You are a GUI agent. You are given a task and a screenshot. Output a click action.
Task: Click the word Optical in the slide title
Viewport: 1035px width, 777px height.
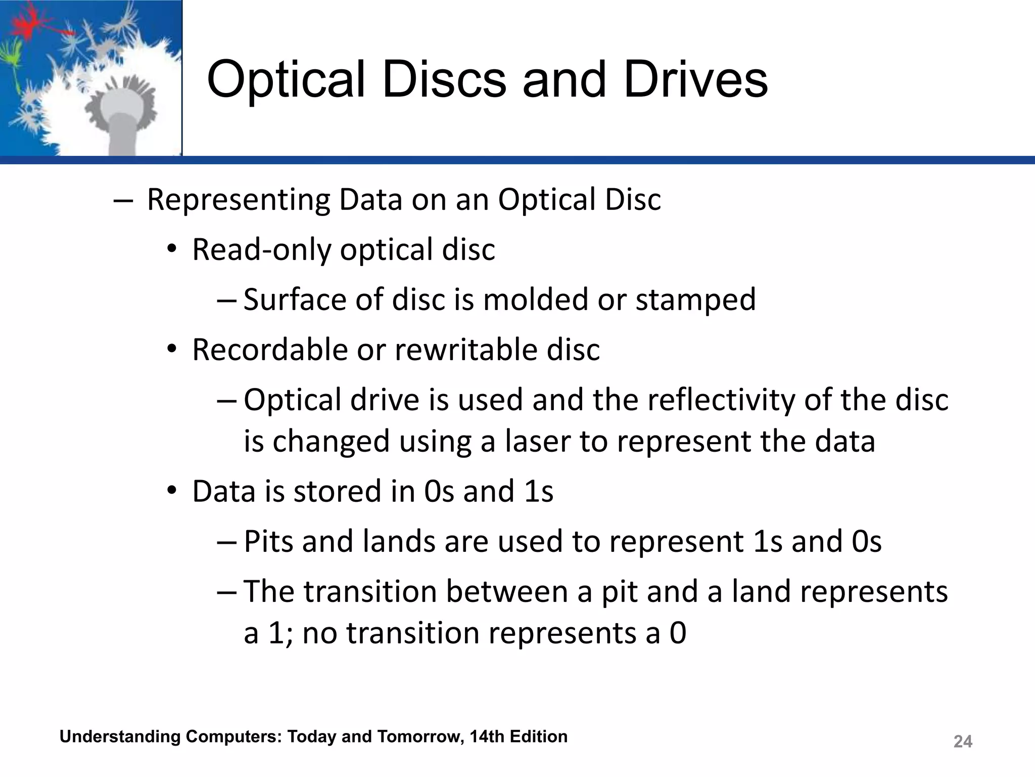tap(286, 80)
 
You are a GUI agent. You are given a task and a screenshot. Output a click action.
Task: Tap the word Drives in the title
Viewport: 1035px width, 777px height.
tap(696, 80)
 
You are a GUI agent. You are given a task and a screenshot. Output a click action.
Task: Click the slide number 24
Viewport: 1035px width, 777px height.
tap(962, 742)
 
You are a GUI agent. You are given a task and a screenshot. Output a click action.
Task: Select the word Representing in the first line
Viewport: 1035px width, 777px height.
tap(238, 200)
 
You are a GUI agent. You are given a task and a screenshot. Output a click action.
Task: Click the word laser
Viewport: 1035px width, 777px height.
tap(538, 441)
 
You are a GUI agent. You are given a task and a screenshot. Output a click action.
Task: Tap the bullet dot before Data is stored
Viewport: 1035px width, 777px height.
tap(172, 491)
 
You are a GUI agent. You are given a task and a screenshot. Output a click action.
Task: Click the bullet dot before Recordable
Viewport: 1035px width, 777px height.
tap(172, 350)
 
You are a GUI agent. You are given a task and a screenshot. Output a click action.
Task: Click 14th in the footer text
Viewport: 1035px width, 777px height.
tap(487, 737)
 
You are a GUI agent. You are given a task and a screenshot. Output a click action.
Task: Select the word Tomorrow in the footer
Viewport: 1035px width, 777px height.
tap(422, 737)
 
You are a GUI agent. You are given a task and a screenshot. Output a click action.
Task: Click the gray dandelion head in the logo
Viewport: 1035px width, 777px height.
tap(121, 109)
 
